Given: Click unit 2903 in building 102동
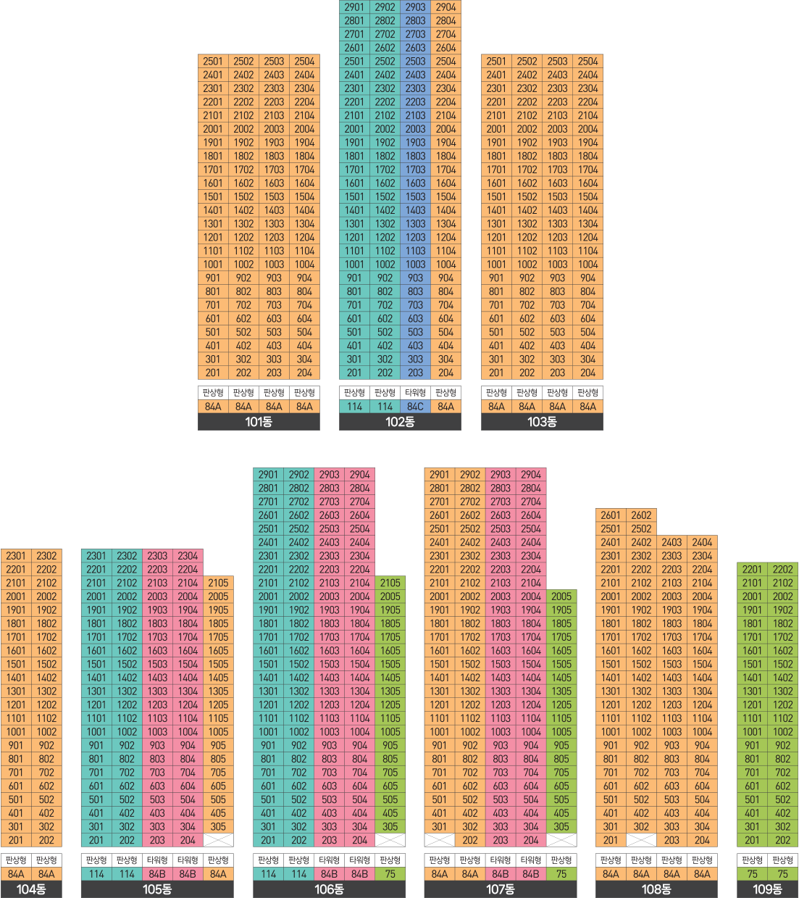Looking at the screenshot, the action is pyautogui.click(x=415, y=7).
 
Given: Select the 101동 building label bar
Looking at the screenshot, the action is pyautogui.click(x=259, y=422).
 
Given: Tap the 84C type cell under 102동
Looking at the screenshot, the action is pyautogui.click(x=415, y=407).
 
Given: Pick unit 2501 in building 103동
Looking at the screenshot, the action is pyautogui.click(x=496, y=61).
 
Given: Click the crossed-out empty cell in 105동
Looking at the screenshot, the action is pyautogui.click(x=219, y=840).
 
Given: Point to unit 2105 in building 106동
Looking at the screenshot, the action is pyautogui.click(x=390, y=583).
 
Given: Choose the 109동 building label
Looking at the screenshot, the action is pyautogui.click(x=768, y=889).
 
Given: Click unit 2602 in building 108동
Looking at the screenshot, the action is pyautogui.click(x=641, y=515).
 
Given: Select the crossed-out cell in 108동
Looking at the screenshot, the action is pyautogui.click(x=641, y=840).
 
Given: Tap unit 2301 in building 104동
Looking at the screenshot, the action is pyautogui.click(x=16, y=556).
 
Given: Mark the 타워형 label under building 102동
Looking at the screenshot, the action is pyautogui.click(x=415, y=393).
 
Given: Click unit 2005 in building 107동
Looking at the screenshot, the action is pyautogui.click(x=561, y=596).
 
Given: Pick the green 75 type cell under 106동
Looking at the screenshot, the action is pyautogui.click(x=390, y=874).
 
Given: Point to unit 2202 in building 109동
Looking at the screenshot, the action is pyautogui.click(x=783, y=569).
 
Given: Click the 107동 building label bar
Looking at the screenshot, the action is pyautogui.click(x=501, y=889).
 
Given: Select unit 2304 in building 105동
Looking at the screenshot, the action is pyautogui.click(x=188, y=556).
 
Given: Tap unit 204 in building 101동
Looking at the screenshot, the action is pyautogui.click(x=304, y=373).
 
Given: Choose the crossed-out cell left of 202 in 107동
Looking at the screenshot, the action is pyautogui.click(x=440, y=840).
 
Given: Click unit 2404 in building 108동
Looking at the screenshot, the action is pyautogui.click(x=702, y=542).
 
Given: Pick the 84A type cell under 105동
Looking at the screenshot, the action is pyautogui.click(x=219, y=874).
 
